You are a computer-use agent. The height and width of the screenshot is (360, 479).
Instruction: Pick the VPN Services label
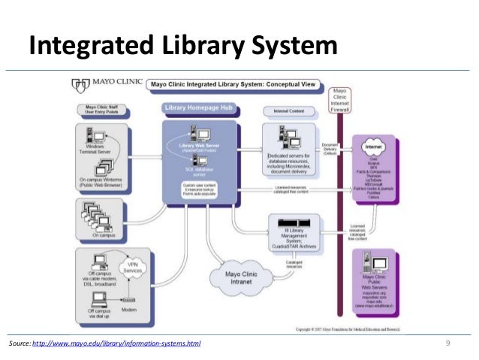pyautogui.click(x=136, y=269)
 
